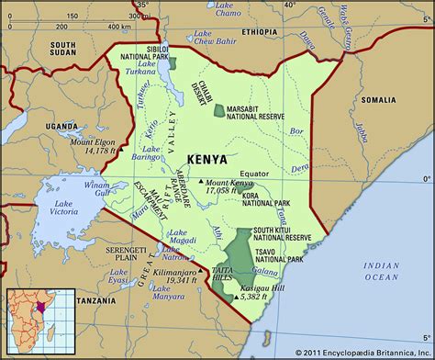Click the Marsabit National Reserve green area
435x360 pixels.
point(218,110)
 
